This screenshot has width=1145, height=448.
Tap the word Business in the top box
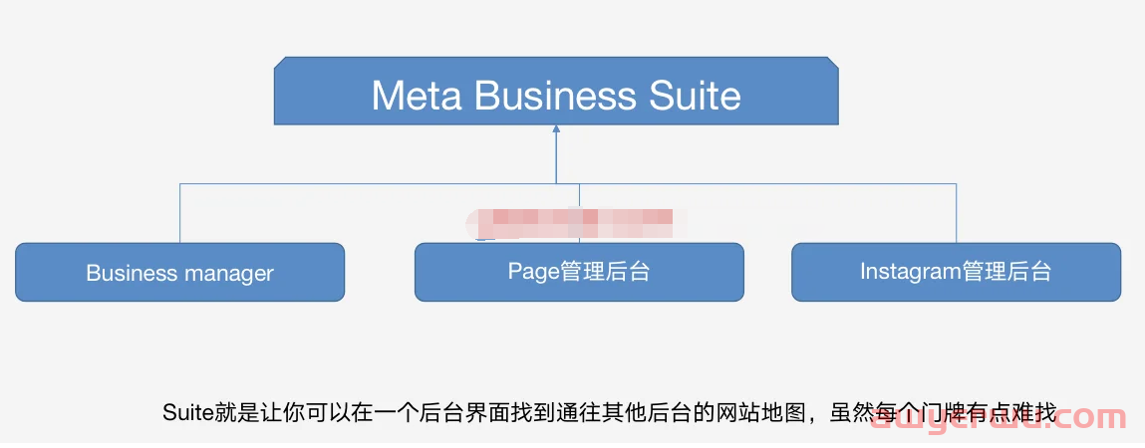pyautogui.click(x=555, y=96)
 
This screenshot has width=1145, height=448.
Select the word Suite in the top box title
pyautogui.click(x=695, y=96)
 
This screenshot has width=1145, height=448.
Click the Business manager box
pyautogui.click(x=179, y=272)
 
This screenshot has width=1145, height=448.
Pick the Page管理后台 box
pyautogui.click(x=579, y=271)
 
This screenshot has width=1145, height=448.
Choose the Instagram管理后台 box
pyautogui.click(x=956, y=271)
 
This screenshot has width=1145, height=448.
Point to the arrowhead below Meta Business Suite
pyautogui.click(x=556, y=128)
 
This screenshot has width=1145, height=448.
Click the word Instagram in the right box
pyautogui.click(x=909, y=271)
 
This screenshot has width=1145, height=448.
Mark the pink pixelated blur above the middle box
pyautogui.click(x=578, y=221)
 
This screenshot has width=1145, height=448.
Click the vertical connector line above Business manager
pyautogui.click(x=180, y=213)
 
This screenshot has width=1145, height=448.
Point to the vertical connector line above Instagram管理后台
pyautogui.click(x=956, y=213)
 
